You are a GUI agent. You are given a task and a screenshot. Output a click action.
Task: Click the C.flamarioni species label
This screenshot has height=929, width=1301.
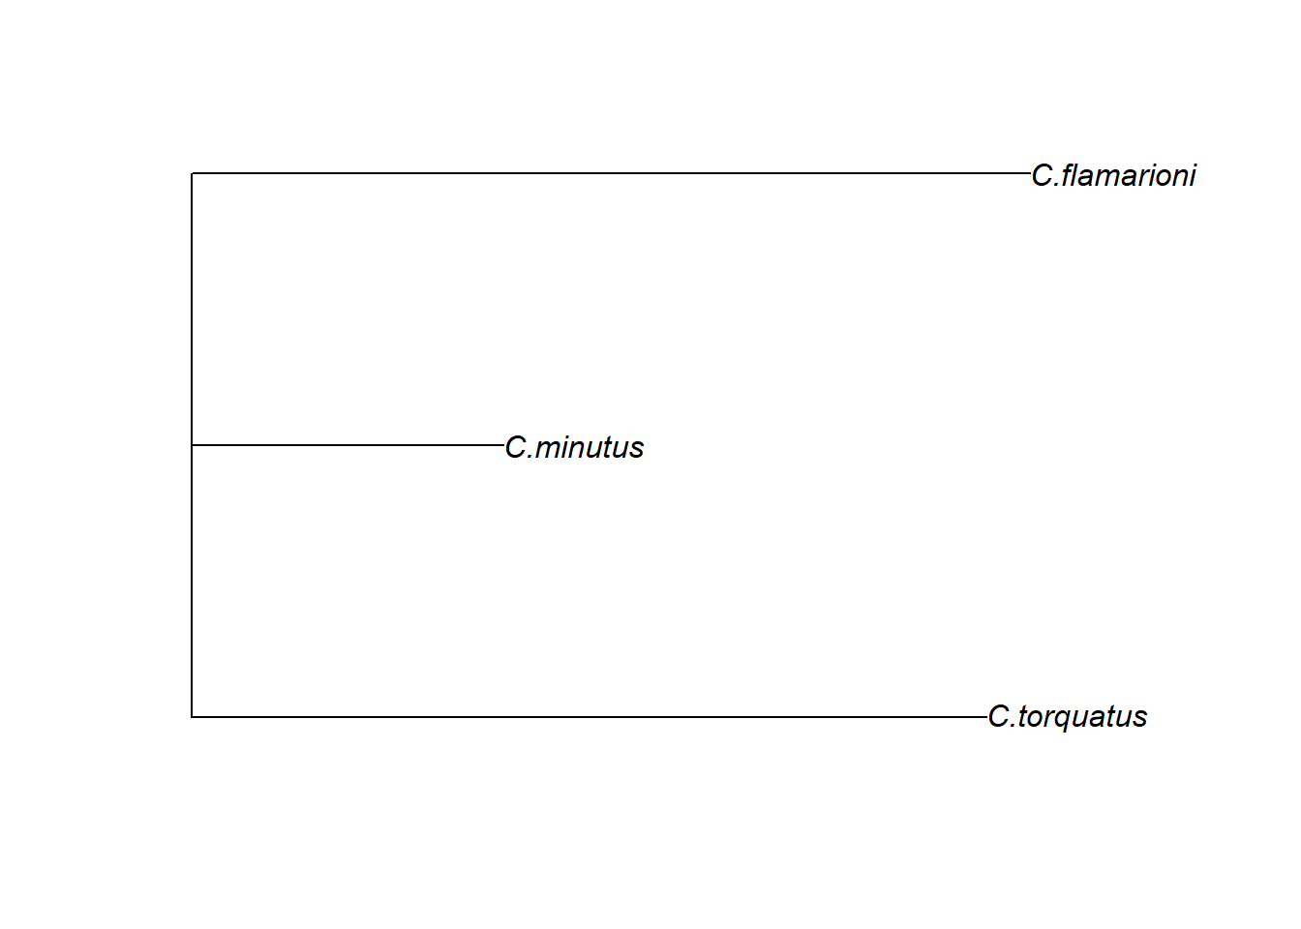[x=1113, y=175]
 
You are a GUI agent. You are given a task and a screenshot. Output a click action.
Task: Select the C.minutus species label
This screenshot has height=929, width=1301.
[x=574, y=447]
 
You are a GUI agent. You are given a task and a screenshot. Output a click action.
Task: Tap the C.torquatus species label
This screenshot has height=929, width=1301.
[x=1067, y=717]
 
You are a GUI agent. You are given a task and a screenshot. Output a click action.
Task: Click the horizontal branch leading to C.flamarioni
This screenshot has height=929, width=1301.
[x=610, y=173]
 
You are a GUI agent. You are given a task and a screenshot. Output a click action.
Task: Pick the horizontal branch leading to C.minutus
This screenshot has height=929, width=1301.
[x=348, y=445]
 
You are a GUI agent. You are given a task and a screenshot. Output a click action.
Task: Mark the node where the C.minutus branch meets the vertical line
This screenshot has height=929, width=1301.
[x=192, y=445]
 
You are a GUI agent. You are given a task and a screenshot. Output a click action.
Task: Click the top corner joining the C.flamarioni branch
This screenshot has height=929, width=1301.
[x=192, y=173]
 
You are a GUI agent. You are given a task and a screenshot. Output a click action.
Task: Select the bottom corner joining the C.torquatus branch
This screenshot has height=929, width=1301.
[x=192, y=717]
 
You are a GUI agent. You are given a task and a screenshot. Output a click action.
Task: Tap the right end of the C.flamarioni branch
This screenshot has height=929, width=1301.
[x=1030, y=173]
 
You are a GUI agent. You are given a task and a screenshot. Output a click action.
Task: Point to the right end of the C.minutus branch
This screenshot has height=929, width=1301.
[x=503, y=445]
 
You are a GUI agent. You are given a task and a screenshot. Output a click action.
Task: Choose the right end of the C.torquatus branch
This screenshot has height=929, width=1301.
[x=986, y=717]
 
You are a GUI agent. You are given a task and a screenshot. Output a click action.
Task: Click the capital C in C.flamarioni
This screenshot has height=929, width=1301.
[x=1043, y=175]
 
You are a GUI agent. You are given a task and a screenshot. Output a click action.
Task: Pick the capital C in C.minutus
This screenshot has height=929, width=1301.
[x=516, y=447]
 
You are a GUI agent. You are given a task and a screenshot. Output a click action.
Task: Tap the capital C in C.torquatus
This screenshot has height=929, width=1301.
[x=999, y=717]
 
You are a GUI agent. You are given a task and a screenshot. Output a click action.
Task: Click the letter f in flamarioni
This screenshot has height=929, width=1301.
[x=1068, y=175]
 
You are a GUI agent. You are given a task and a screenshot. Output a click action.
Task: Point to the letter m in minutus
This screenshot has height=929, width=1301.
[x=548, y=448]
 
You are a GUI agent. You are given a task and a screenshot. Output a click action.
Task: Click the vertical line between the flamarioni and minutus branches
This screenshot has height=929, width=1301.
[x=192, y=310]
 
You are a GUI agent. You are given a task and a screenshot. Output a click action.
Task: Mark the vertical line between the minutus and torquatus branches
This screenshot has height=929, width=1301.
[x=192, y=581]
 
